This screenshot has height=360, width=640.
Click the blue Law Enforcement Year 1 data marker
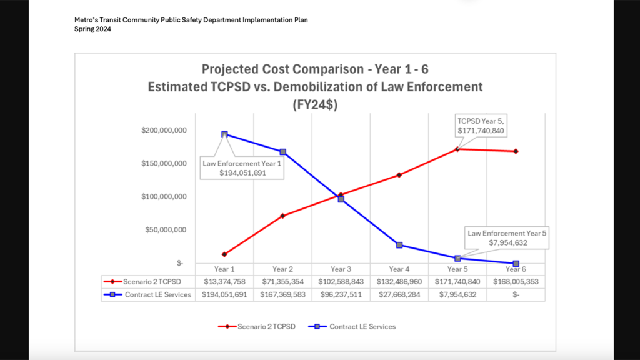[224, 134]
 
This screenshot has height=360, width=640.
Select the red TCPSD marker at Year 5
[457, 149]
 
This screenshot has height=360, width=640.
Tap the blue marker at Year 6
[516, 264]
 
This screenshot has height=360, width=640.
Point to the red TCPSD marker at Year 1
[224, 254]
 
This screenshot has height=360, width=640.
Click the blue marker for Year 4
[399, 245]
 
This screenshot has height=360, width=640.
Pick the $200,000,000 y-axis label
[164, 131]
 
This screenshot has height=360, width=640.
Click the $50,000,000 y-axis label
[166, 230]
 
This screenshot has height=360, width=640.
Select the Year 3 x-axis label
[341, 269]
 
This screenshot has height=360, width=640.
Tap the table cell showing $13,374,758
[224, 282]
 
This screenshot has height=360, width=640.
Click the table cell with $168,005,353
[516, 282]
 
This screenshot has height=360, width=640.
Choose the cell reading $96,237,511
[341, 294]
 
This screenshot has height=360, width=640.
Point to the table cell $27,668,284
[399, 294]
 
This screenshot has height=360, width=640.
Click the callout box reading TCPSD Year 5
[481, 126]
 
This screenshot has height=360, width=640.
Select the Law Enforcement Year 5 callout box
[507, 237]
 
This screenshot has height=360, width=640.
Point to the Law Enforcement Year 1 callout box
[242, 168]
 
